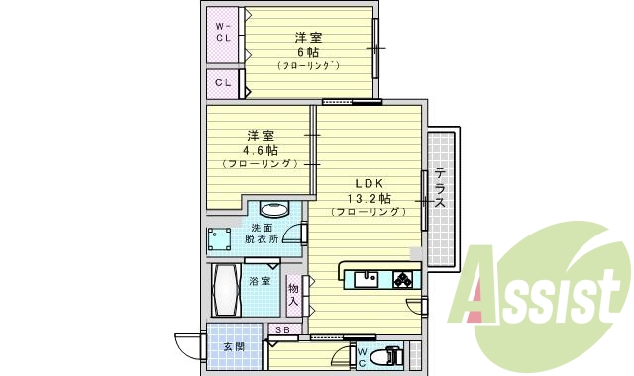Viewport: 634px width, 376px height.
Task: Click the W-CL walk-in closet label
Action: coord(223,33)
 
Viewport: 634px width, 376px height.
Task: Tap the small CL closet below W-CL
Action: coord(223,82)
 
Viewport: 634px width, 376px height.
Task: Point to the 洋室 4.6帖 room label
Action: coord(261,148)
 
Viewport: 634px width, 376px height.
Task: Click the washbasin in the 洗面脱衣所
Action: coord(273,211)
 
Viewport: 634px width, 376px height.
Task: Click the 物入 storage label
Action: coord(293,293)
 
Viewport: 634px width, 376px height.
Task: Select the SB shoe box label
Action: coord(282,330)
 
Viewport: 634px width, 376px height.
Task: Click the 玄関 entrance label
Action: coord(234,347)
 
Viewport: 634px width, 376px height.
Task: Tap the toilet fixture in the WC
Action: coord(390,355)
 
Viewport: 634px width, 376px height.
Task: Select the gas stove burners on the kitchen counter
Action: coord(403,278)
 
